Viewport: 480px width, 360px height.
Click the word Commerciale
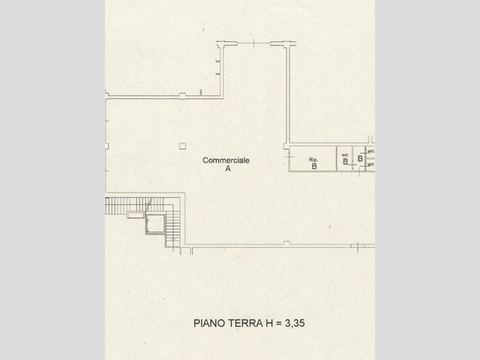tap(226, 160)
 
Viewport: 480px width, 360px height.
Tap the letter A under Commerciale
tap(228, 169)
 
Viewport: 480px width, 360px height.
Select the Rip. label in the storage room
tap(313, 160)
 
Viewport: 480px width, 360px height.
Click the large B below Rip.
tap(314, 167)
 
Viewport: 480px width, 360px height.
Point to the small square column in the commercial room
tap(182, 146)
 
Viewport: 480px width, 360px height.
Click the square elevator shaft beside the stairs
tap(155, 224)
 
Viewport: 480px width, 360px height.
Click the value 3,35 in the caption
tap(295, 323)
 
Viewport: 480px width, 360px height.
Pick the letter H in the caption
tap(267, 323)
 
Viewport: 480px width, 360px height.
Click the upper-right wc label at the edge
tap(371, 151)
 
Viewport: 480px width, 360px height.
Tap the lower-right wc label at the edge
tap(371, 164)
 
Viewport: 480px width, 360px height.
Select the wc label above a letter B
tap(344, 155)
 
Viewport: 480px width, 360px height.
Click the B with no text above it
tap(361, 158)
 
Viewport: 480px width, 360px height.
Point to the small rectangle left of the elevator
tap(136, 215)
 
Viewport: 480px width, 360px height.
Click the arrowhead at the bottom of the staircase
tap(173, 239)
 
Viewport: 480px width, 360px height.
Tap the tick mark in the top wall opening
tap(254, 43)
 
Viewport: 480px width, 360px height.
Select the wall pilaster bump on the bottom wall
tap(287, 243)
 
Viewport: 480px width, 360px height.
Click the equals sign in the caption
tap(278, 323)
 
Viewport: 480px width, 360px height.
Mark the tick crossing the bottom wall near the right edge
tap(358, 247)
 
